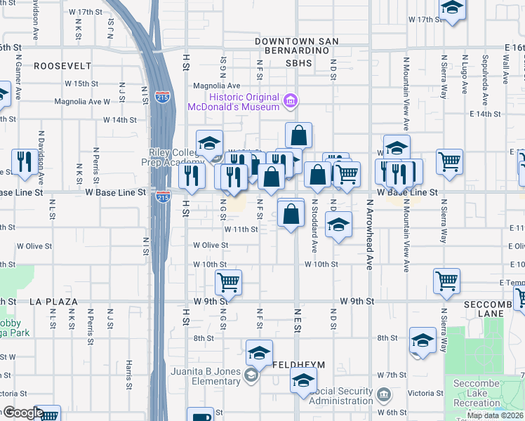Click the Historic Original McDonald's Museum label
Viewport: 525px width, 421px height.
click(232, 102)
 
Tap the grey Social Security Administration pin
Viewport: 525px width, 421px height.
click(383, 394)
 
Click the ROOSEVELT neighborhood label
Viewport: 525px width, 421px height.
click(62, 66)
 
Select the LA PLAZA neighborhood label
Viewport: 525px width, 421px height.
click(53, 301)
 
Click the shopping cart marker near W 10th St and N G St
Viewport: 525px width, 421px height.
click(228, 282)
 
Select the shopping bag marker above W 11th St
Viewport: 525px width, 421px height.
click(291, 213)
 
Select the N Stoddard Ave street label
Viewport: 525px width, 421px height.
click(314, 229)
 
